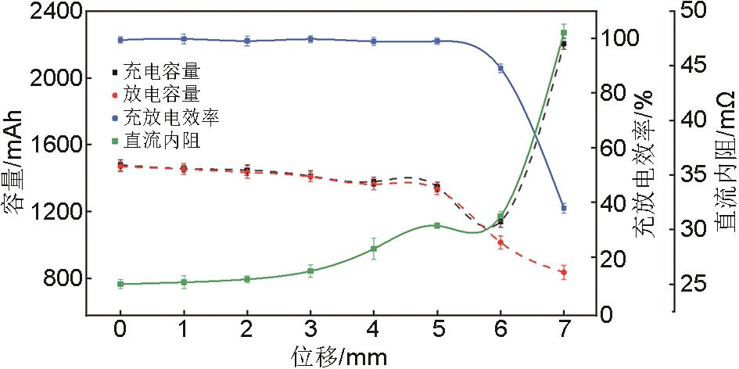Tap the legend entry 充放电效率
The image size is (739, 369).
point(170,118)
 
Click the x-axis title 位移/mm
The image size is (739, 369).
point(341,356)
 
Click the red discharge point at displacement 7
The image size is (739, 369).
point(563,272)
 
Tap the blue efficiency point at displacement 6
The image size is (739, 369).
point(500,68)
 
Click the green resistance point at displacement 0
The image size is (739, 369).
point(120,284)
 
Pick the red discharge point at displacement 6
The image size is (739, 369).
point(500,242)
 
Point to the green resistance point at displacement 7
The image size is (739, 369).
point(564,33)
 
